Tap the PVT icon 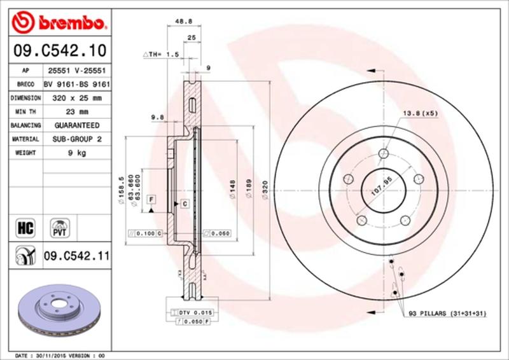pyautogui.click(x=60, y=227)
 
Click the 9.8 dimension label pyautogui.click(x=158, y=117)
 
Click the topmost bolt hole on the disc pyautogui.click(x=383, y=154)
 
